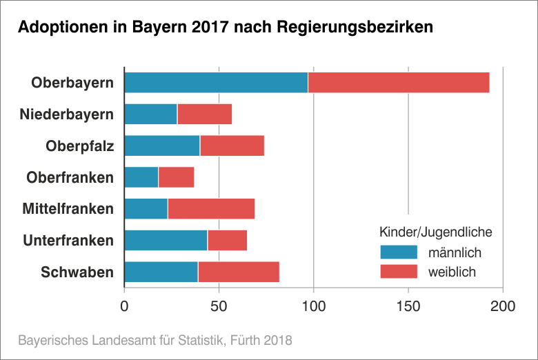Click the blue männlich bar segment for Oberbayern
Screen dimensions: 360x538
point(216,83)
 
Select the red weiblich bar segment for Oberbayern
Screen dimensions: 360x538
point(399,83)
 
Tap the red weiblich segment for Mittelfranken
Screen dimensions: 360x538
point(211,208)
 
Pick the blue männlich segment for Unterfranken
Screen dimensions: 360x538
point(166,240)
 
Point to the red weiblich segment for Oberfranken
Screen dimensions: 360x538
point(177,177)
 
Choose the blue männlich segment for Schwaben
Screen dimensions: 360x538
point(161,272)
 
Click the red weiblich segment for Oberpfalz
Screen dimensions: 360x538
point(232,146)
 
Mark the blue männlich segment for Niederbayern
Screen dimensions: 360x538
point(150,114)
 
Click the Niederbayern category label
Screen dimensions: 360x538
point(67,114)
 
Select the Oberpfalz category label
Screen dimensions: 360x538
point(79,146)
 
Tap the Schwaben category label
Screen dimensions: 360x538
point(77,272)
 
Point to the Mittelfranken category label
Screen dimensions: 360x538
point(68,209)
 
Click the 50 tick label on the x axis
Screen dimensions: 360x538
point(219,306)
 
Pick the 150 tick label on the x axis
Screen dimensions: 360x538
point(408,306)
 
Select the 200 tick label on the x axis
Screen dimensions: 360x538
point(503,306)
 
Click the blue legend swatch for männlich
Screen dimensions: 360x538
point(399,252)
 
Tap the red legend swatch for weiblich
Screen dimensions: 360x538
point(399,271)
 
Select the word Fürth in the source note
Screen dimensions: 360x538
point(246,340)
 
